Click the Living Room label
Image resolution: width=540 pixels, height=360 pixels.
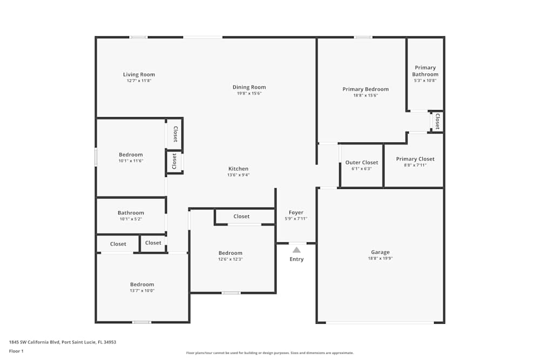(x=139, y=74)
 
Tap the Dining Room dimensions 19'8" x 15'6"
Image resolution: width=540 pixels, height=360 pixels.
(x=249, y=93)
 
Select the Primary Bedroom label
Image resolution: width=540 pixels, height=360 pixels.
(x=365, y=89)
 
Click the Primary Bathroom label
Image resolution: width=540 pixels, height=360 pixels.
(x=425, y=71)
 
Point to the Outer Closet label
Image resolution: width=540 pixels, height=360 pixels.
(x=361, y=162)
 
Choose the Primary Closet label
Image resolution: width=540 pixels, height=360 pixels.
(x=415, y=159)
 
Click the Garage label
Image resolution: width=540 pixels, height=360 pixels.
(x=380, y=252)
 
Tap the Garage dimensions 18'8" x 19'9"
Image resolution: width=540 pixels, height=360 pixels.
(x=380, y=259)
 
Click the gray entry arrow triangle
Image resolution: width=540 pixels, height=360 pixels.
(x=296, y=249)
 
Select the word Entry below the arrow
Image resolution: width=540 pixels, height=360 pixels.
(x=296, y=259)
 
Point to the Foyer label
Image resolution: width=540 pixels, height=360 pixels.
(x=296, y=213)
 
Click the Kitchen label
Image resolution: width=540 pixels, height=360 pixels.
(x=238, y=169)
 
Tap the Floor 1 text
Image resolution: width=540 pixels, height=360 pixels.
(x=16, y=351)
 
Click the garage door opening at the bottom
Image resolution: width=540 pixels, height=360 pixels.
(x=380, y=323)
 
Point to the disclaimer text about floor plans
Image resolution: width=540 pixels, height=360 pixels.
(x=270, y=353)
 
